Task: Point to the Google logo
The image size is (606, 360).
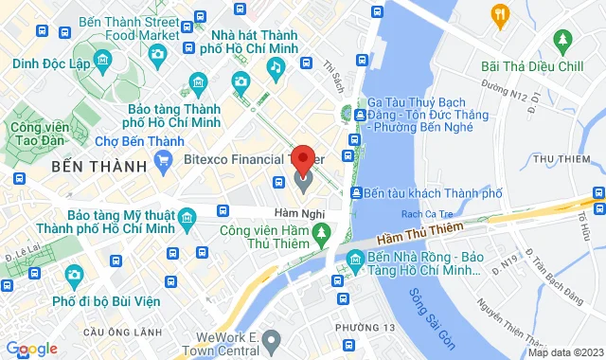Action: (30, 349)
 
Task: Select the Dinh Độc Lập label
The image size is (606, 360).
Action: (52, 64)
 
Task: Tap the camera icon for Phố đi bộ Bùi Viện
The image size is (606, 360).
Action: (75, 275)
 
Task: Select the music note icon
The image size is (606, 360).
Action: (275, 67)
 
